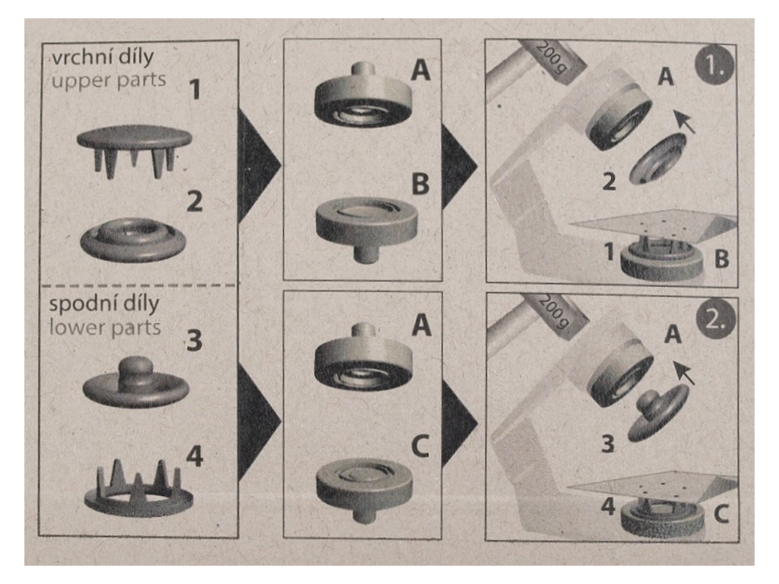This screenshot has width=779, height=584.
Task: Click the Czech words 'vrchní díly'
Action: (x=103, y=58)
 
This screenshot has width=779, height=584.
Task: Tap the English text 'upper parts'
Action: (x=109, y=80)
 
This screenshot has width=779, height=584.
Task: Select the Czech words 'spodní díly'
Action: (x=103, y=304)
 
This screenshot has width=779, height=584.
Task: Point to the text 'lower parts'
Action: (x=105, y=328)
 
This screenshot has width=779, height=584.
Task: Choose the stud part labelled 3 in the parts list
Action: (x=136, y=382)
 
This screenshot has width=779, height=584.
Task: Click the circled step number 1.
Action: (x=714, y=65)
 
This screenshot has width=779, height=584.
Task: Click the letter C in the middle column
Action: (x=420, y=446)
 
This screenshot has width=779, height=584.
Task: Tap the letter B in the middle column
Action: (x=420, y=184)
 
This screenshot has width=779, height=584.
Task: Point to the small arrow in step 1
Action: (x=684, y=122)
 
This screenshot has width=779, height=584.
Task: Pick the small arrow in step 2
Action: (x=684, y=373)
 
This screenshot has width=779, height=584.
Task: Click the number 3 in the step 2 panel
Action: (x=608, y=443)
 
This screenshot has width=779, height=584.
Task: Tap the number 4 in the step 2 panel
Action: (x=609, y=506)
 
